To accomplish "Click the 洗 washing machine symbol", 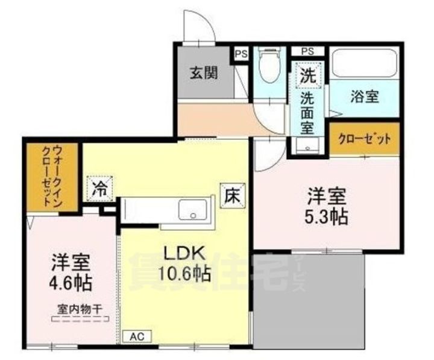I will [307, 77].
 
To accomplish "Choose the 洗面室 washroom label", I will [307, 112].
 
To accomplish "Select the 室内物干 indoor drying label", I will [80, 309].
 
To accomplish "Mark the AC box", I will [137, 335].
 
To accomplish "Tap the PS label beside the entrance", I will [241, 53].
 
